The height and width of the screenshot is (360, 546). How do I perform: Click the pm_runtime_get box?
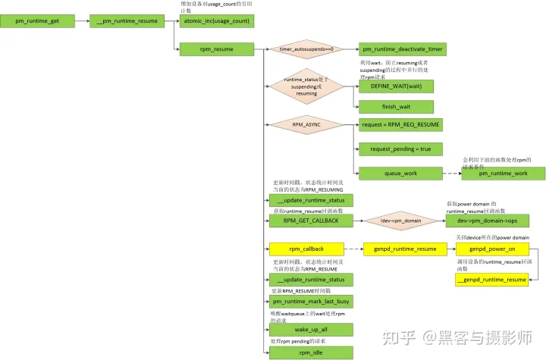tap(38, 21)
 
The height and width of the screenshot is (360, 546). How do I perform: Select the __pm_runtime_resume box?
tap(126, 21)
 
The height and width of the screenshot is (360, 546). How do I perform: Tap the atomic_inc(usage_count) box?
tap(216, 21)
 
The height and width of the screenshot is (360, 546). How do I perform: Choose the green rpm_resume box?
tap(216, 49)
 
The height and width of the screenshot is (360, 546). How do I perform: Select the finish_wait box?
tap(396, 107)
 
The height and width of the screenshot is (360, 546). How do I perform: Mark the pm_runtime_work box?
tap(503, 174)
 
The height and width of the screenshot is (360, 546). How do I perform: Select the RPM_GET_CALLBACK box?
tap(311, 221)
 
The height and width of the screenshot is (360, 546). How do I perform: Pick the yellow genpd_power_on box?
tap(491, 249)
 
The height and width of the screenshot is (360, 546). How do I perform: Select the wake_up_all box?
tap(311, 330)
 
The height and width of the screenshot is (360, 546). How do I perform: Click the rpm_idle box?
tap(311, 352)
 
